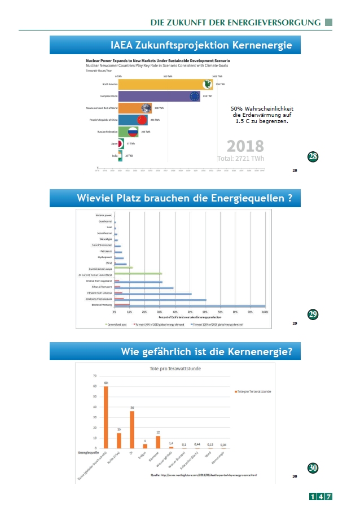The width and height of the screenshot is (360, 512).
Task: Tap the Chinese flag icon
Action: (x=142, y=120)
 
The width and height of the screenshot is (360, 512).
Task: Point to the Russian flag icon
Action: (x=133, y=132)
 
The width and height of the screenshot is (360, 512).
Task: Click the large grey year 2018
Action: (x=245, y=146)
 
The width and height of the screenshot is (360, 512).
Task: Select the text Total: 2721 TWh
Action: (x=241, y=159)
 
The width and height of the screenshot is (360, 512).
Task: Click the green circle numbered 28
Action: (x=313, y=156)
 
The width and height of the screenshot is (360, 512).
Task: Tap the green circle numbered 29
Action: (x=313, y=314)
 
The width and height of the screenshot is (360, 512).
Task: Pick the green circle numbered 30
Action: (x=313, y=468)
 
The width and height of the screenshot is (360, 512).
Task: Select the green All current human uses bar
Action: (x=138, y=274)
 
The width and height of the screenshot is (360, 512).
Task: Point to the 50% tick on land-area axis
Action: (x=190, y=312)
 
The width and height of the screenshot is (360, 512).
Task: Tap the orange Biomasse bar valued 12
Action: (x=159, y=442)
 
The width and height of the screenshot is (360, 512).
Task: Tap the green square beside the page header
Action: (x=329, y=22)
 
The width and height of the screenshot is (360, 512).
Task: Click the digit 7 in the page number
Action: (x=328, y=497)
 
